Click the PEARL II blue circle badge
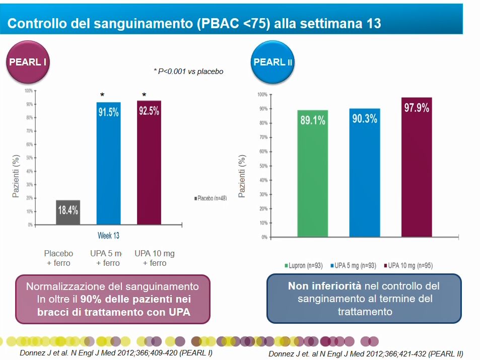tap(272, 62)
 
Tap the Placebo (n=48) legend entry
tap(211, 198)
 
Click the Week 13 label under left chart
tap(108, 236)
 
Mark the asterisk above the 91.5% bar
tap(103, 95)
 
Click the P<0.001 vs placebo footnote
tap(188, 71)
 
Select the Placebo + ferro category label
tap(58, 258)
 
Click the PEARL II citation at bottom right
tap(366, 353)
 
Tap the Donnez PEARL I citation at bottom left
tap(116, 352)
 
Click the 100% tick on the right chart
tap(262, 95)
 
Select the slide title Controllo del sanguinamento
tap(194, 23)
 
